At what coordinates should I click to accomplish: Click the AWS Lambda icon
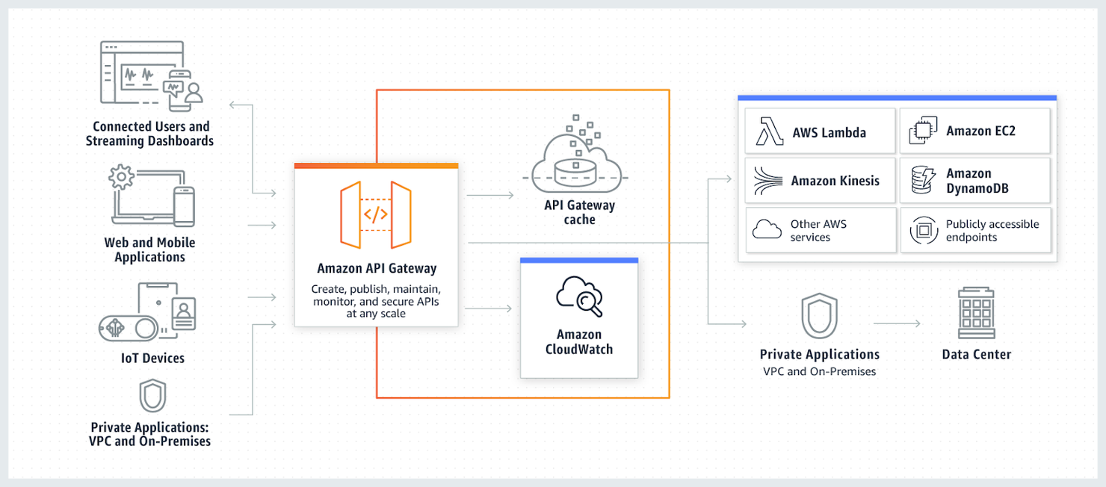coord(769,131)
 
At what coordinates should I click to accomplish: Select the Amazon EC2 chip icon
coord(923,131)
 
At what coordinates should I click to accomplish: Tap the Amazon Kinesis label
coord(835,181)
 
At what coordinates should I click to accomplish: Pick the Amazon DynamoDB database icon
coord(923,181)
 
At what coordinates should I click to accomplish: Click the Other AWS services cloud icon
coord(767,230)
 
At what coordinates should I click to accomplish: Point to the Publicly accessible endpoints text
coord(992,230)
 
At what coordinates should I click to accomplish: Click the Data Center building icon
coord(976,314)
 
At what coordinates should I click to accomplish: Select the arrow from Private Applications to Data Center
coord(897,323)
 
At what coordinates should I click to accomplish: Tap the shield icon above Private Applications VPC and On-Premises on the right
coord(819,316)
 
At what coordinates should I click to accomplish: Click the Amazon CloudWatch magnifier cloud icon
coord(579,297)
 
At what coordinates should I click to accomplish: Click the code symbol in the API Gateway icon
coord(375,215)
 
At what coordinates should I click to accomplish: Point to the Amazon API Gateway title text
coord(377,268)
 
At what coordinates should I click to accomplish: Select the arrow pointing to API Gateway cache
coord(490,195)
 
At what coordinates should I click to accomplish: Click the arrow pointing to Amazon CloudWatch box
coord(489,308)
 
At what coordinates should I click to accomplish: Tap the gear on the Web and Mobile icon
coord(121,178)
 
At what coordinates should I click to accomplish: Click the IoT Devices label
coord(152,359)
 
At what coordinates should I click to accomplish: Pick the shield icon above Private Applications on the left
coord(152,396)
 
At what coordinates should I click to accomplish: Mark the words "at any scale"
coord(376,314)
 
